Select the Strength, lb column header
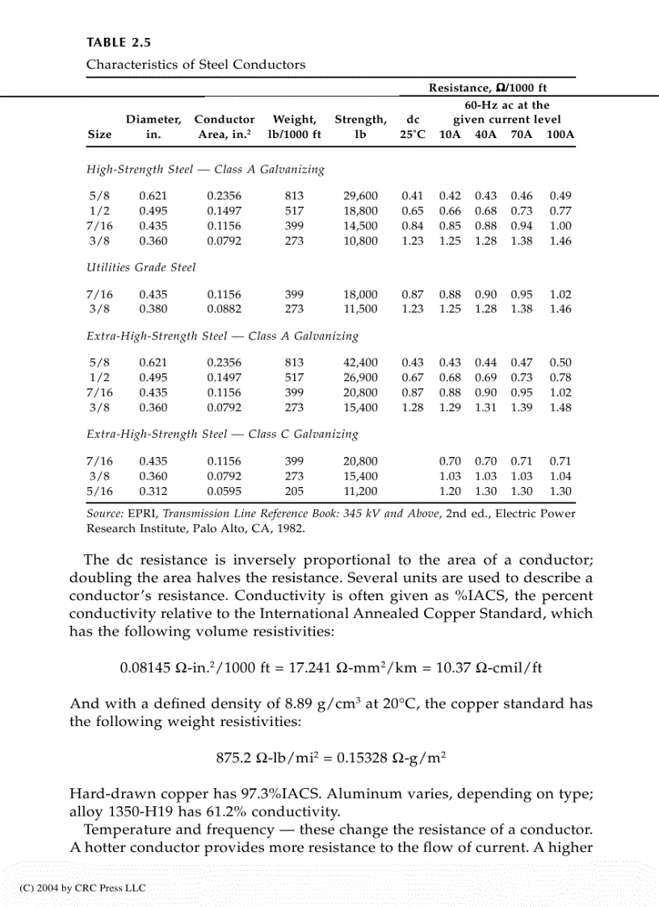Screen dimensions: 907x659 (x=360, y=127)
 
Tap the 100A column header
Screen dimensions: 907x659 (x=560, y=135)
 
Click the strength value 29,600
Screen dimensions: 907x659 (x=361, y=196)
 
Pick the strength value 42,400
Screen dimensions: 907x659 (x=361, y=363)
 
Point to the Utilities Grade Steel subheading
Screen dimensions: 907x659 (x=141, y=267)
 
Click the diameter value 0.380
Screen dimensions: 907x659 (x=153, y=309)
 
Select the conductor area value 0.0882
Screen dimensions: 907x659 (x=224, y=309)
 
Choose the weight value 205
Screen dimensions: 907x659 (x=294, y=490)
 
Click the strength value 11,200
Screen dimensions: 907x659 (x=361, y=490)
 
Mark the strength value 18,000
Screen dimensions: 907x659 (x=361, y=295)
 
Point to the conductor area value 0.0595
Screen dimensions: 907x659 (x=224, y=490)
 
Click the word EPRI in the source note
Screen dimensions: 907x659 (x=136, y=514)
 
